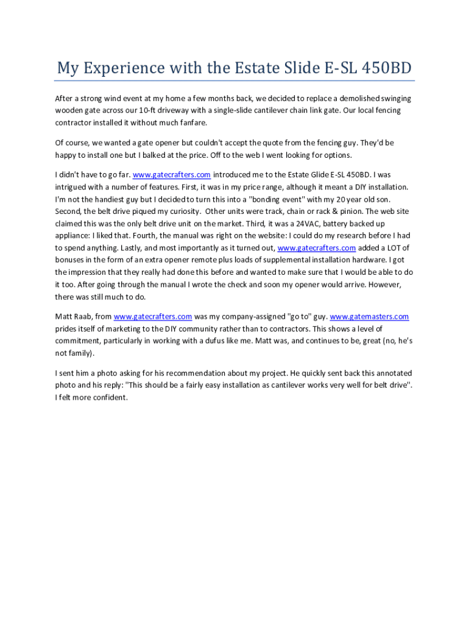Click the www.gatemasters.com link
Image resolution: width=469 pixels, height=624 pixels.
point(369,317)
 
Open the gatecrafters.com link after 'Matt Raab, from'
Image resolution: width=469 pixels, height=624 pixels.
point(153,317)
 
